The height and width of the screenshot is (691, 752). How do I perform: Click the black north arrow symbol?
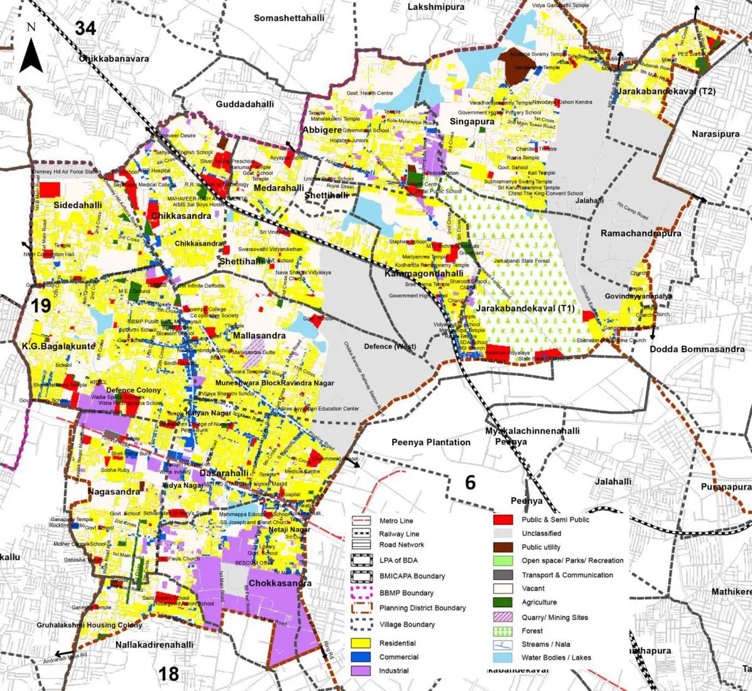(x=31, y=54)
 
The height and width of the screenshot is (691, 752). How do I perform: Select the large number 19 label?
(x=41, y=306)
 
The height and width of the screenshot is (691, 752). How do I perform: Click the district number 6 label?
(x=470, y=482)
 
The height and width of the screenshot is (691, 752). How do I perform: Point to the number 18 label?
(x=168, y=673)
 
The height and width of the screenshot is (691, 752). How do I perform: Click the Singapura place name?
(x=472, y=121)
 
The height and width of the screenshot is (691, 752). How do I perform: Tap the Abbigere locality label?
(x=322, y=130)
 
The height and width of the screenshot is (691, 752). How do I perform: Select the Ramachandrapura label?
(x=641, y=233)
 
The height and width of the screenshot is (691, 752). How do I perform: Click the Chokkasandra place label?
(x=280, y=583)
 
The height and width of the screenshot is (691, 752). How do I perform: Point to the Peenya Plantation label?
(x=430, y=443)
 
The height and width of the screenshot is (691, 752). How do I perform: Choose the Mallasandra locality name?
(x=259, y=335)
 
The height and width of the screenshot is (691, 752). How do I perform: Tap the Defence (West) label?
(x=390, y=346)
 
